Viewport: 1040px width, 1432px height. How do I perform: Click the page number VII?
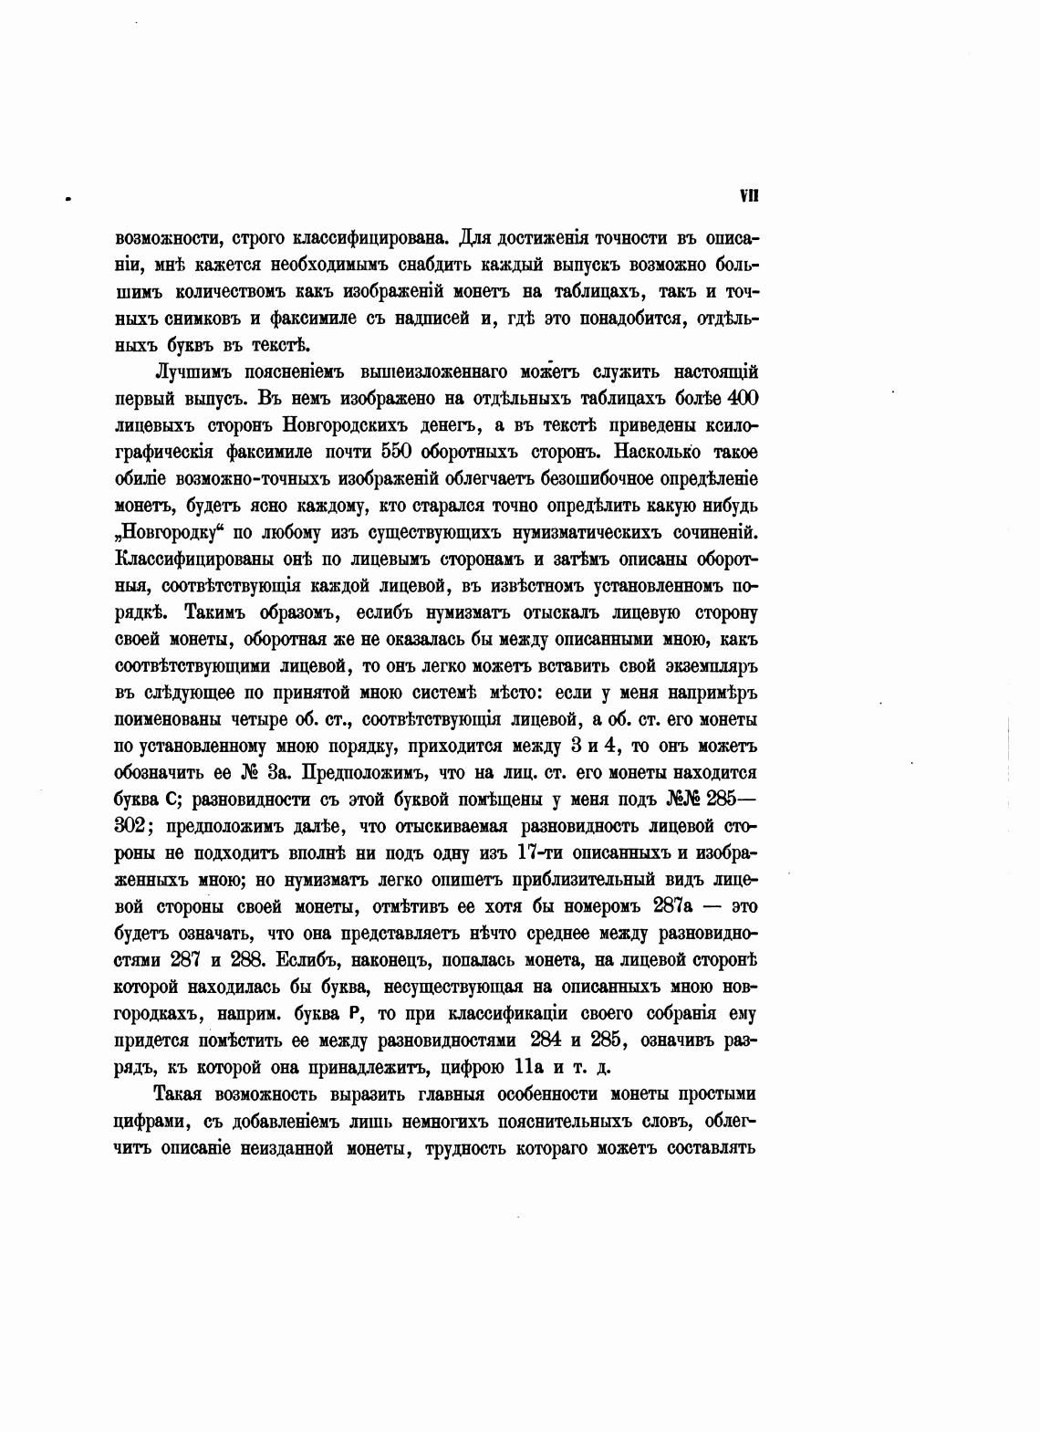(x=750, y=195)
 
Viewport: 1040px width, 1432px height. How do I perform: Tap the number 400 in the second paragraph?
(x=741, y=399)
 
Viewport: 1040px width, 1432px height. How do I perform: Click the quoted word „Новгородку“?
(x=172, y=531)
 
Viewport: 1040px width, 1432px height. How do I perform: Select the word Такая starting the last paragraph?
(x=184, y=1094)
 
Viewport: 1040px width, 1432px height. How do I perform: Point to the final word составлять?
(x=710, y=1147)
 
